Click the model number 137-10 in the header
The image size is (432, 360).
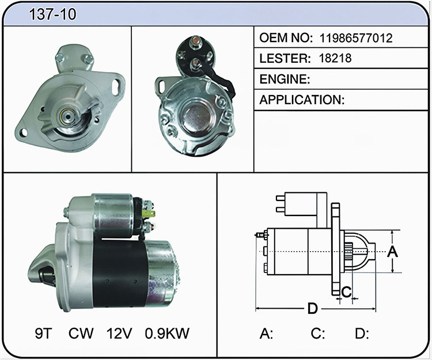click(52, 14)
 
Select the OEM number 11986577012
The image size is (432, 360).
click(356, 38)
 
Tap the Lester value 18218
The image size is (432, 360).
click(335, 58)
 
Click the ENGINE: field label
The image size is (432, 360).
click(285, 79)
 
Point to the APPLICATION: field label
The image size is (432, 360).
click(302, 100)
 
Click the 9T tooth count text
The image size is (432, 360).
click(43, 334)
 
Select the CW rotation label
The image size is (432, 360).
click(81, 334)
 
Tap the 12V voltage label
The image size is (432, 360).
click(119, 334)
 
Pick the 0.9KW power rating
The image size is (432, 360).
click(167, 334)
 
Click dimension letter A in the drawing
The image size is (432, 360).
click(392, 252)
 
